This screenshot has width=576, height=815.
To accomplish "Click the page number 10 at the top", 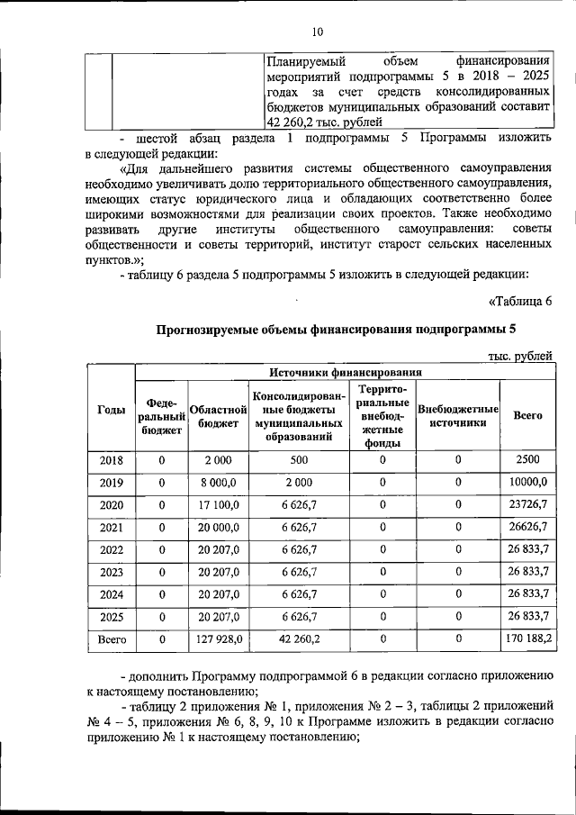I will pyautogui.click(x=317, y=32).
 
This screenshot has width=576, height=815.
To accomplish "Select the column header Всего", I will pyautogui.click(x=526, y=416).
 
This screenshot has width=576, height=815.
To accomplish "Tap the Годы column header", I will pyautogui.click(x=111, y=409).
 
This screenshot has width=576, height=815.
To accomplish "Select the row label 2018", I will pyautogui.click(x=111, y=460).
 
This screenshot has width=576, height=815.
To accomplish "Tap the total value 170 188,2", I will pyautogui.click(x=526, y=639).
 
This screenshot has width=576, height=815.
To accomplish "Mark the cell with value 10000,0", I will pyautogui.click(x=526, y=483).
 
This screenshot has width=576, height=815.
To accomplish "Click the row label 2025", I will pyautogui.click(x=111, y=618).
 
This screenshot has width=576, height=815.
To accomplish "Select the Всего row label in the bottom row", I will pyautogui.click(x=111, y=639).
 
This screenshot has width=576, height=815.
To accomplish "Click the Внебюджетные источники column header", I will pyautogui.click(x=458, y=416).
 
